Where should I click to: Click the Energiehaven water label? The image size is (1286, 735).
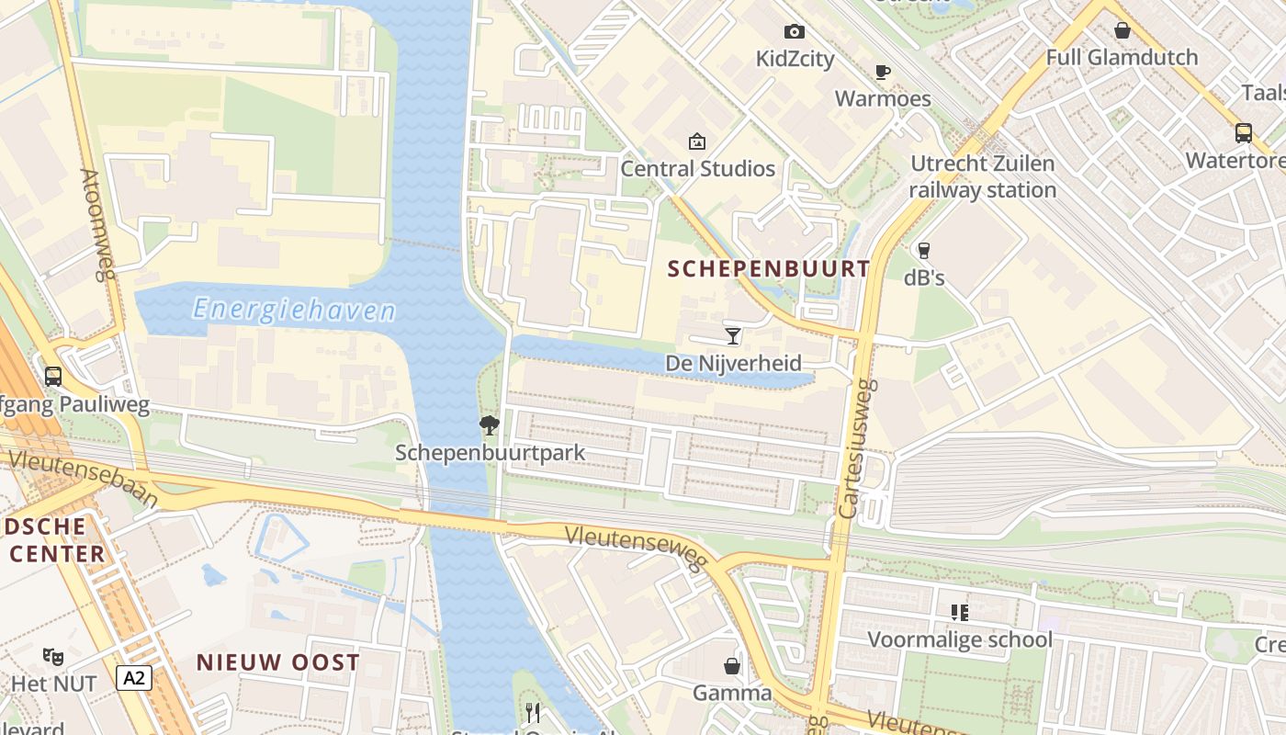point(294,311)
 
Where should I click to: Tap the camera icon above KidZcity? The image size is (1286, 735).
point(795,32)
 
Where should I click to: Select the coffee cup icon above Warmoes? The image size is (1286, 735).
point(882,72)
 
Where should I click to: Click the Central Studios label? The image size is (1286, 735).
point(698,169)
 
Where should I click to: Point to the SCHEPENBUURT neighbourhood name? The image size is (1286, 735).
point(769,268)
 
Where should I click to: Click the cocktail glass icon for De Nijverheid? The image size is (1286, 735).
point(732,335)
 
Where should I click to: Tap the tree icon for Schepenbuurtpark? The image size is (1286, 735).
point(490,424)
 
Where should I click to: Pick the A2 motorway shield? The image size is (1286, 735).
point(134,678)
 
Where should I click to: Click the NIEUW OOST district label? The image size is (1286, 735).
point(277,662)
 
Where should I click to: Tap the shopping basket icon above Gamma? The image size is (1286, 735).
point(732,665)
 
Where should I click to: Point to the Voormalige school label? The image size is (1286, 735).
point(960,639)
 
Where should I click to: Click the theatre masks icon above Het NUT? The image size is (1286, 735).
point(53,656)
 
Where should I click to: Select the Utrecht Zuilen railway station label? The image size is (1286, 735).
point(983,177)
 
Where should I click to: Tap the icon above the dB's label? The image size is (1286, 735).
point(924,250)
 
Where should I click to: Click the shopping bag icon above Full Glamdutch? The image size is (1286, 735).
point(1122,30)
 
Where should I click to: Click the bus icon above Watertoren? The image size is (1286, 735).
point(1244,133)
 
